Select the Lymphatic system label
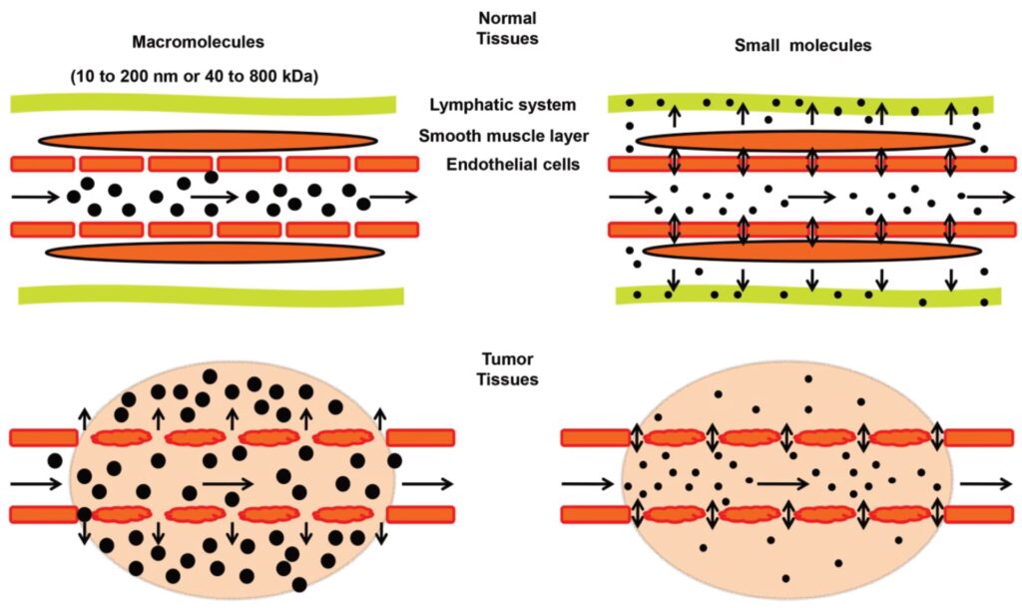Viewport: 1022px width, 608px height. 502,105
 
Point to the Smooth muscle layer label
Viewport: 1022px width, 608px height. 502,135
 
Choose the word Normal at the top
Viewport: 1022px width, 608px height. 507,17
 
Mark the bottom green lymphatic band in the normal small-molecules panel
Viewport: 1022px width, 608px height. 808,295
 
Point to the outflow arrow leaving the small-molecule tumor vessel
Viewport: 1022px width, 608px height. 983,484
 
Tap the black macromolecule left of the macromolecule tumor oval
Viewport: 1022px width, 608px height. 54,460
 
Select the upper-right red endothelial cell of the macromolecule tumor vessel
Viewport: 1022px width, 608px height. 420,437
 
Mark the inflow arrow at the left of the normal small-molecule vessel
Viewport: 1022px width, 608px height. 632,197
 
